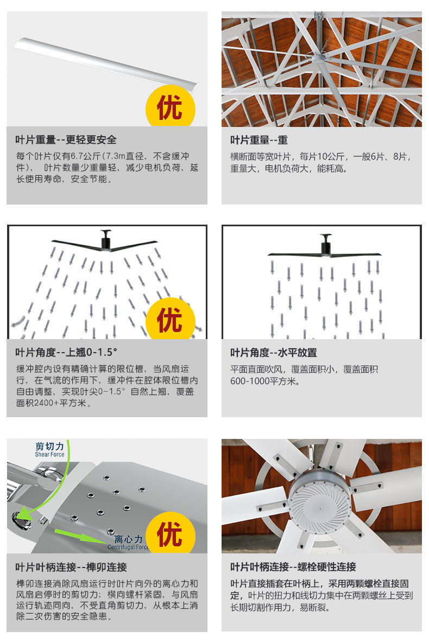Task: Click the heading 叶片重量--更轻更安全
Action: (66, 140)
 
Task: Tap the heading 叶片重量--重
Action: (259, 140)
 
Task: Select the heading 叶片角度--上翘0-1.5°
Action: (66, 353)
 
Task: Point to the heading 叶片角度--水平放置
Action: (273, 353)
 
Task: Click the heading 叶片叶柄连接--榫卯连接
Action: (71, 567)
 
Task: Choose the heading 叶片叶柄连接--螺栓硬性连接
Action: (293, 567)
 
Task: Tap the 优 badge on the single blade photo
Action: (170, 107)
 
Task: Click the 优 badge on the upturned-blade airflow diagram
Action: (170, 319)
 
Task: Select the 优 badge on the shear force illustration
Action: (170, 533)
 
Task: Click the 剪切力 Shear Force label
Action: (50, 449)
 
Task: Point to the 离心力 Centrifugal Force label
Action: (128, 542)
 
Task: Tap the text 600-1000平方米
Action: (264, 381)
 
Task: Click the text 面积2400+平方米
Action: (54, 403)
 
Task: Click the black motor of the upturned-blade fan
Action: (106, 240)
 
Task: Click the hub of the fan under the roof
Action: (318, 58)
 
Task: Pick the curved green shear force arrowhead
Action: (23, 514)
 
